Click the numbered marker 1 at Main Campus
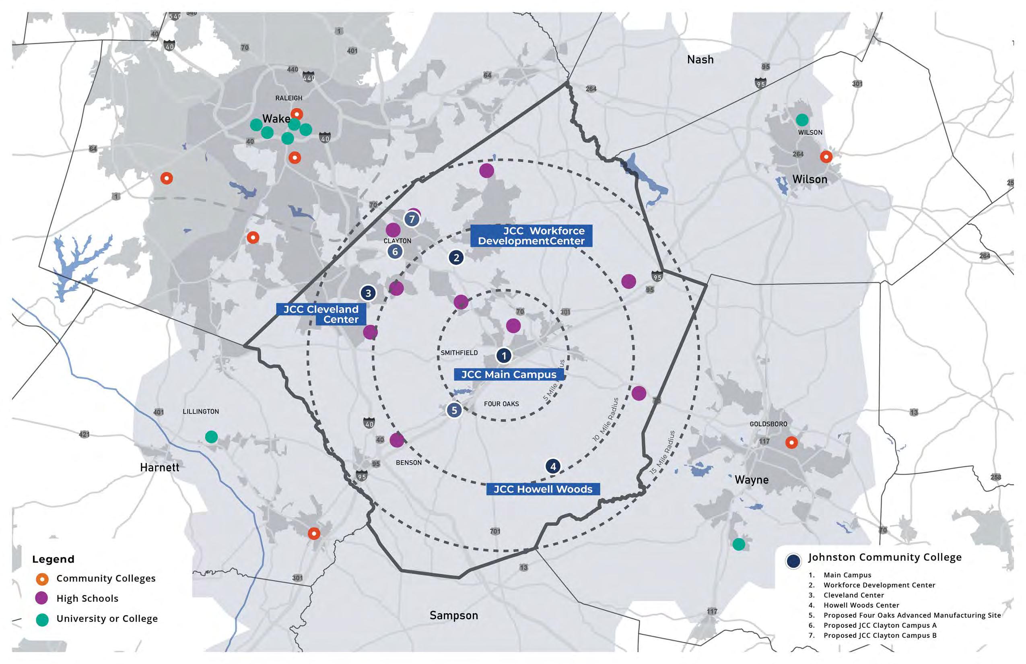tap(503, 356)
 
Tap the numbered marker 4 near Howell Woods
tap(553, 466)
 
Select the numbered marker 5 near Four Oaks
tap(454, 410)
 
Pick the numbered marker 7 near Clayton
tap(412, 219)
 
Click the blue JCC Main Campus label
tap(509, 375)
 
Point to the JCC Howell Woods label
tap(543, 489)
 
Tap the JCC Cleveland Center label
tap(321, 314)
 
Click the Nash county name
tap(700, 60)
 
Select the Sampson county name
tap(453, 615)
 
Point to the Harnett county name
tap(159, 467)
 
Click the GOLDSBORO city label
tap(768, 424)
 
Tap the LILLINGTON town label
tap(200, 411)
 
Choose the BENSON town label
tap(408, 463)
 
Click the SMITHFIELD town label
tap(459, 353)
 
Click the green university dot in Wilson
tap(802, 120)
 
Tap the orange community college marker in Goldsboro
tap(791, 442)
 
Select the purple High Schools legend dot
tap(42, 598)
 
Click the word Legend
tap(53, 559)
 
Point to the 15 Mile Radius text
tap(663, 452)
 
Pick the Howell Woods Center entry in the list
tap(861, 605)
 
